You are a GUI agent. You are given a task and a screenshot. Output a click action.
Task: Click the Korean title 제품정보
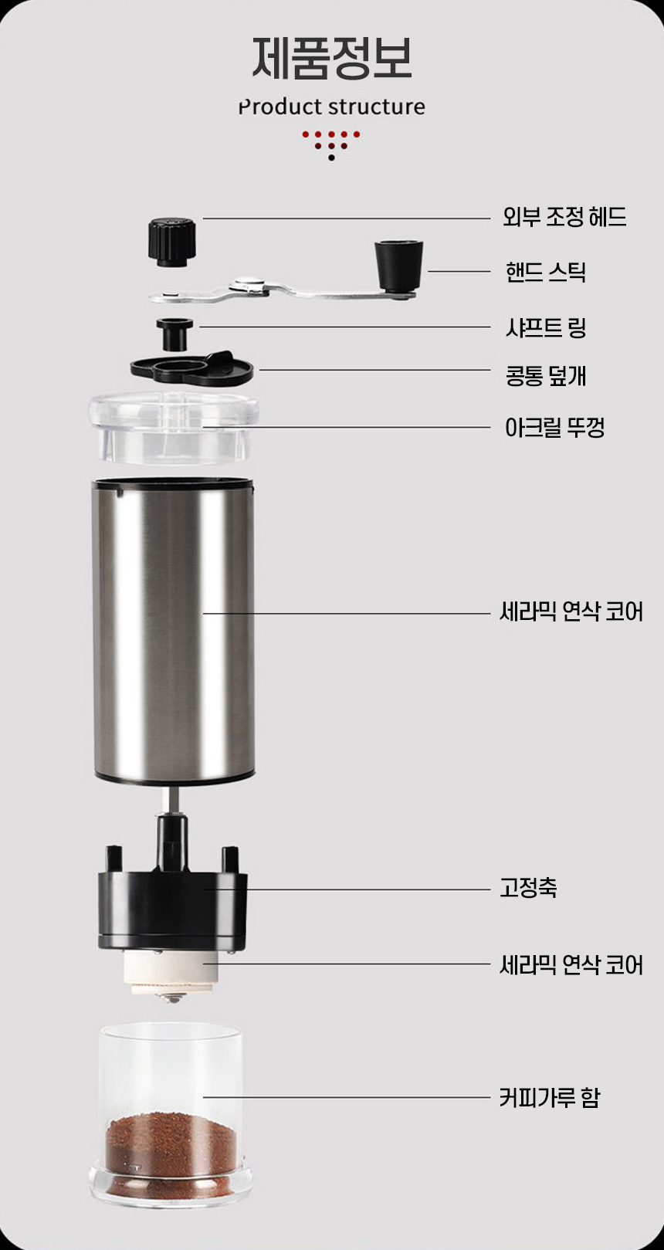pyautogui.click(x=331, y=58)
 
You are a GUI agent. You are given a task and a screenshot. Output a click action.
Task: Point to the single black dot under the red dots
pyautogui.click(x=331, y=158)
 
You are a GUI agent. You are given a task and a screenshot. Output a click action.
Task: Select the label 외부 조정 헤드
pyautogui.click(x=564, y=216)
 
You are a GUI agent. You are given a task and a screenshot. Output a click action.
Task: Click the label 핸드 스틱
pyautogui.click(x=546, y=272)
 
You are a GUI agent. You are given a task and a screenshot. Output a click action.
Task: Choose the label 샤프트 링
pyautogui.click(x=546, y=327)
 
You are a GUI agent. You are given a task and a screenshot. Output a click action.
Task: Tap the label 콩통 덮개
pyautogui.click(x=546, y=375)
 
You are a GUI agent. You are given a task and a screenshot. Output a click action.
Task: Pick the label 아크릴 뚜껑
pyautogui.click(x=554, y=428)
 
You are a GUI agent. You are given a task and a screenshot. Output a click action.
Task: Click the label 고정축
pyautogui.click(x=528, y=887)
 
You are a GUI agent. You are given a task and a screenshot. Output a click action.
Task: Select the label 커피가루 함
pyautogui.click(x=550, y=1098)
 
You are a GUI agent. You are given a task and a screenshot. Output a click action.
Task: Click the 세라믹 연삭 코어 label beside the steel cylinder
pyautogui.click(x=571, y=611)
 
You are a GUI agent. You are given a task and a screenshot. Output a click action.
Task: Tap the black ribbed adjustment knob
pyautogui.click(x=172, y=242)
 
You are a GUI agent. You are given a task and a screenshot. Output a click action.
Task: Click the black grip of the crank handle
pyautogui.click(x=398, y=266)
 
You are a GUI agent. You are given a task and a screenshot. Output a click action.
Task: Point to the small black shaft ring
pyautogui.click(x=174, y=334)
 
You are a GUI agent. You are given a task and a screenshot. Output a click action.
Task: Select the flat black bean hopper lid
pyautogui.click(x=192, y=368)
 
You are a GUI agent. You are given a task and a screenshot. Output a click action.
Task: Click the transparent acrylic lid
pyautogui.click(x=174, y=428)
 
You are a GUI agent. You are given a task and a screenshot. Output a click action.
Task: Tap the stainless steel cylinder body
pyautogui.click(x=174, y=631)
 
